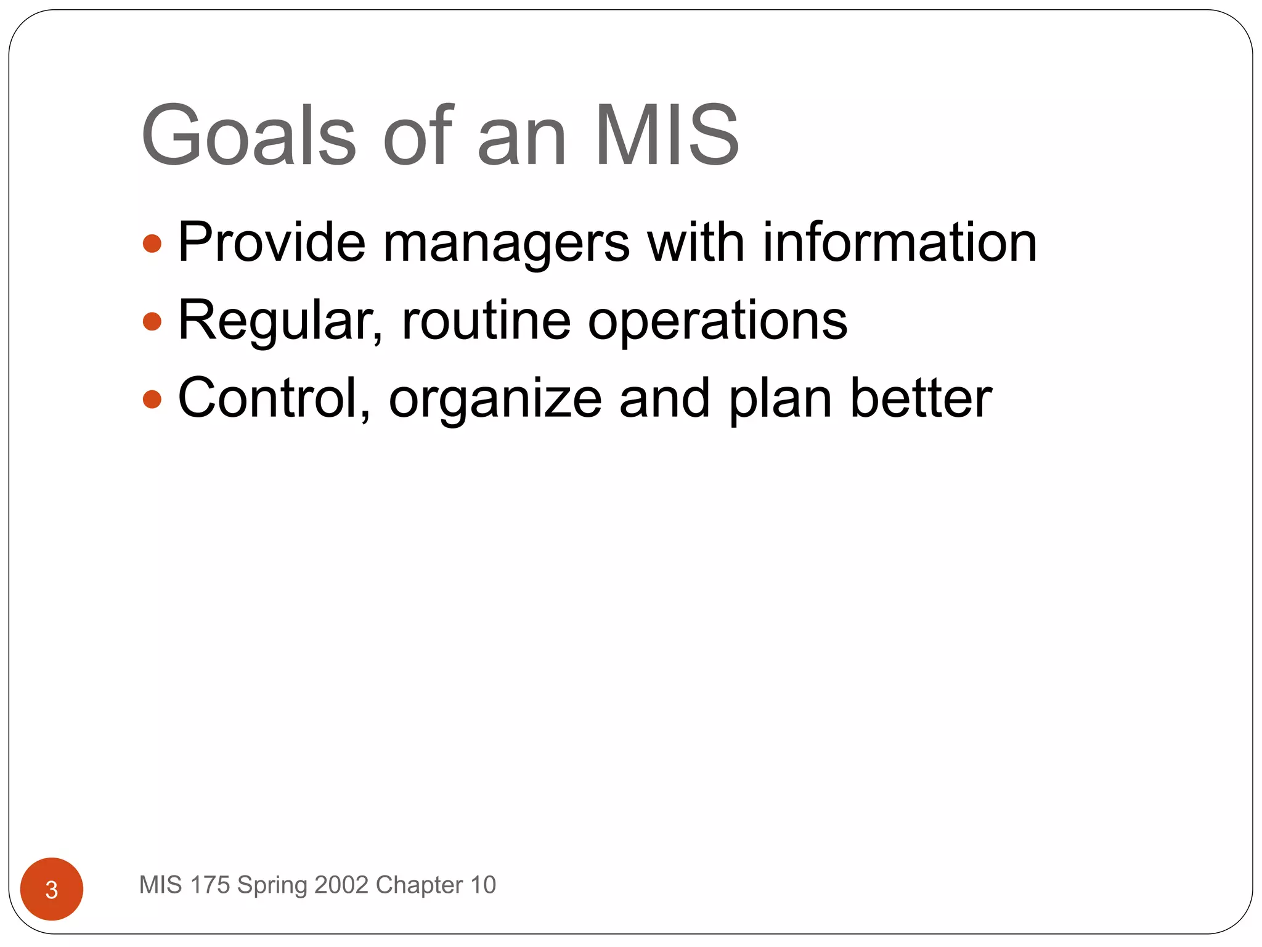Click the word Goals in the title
(248, 136)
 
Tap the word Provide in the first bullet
(272, 242)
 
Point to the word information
(900, 242)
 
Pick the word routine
(486, 321)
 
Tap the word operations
(717, 323)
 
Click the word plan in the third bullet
(780, 402)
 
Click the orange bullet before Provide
(152, 244)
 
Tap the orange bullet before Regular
(152, 322)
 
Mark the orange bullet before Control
(152, 400)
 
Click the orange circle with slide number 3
(52, 889)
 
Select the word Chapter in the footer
(419, 885)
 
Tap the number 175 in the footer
(210, 885)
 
